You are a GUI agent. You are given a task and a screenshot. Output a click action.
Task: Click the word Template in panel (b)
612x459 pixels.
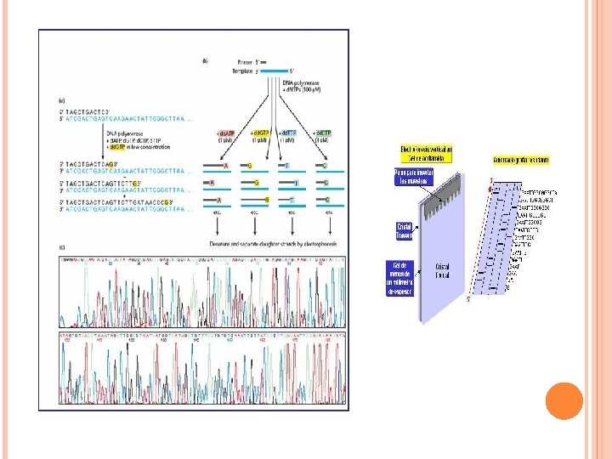[x=241, y=71]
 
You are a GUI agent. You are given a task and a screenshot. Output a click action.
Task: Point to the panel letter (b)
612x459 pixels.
[x=205, y=59]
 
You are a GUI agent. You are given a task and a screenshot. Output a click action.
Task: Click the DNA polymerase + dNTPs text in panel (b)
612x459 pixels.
[x=299, y=85]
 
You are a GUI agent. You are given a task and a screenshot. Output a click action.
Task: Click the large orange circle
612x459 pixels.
[x=563, y=400]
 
